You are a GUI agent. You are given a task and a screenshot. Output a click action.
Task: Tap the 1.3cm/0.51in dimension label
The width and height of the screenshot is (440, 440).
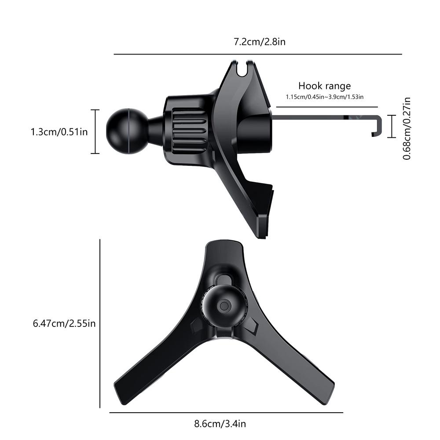click(59, 132)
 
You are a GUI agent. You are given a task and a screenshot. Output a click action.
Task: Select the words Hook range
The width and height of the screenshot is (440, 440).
click(324, 86)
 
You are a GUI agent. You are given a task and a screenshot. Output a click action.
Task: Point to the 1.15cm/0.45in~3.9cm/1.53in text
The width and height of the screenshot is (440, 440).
click(324, 96)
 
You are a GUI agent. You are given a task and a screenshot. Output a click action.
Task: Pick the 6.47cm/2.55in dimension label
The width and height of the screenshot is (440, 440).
click(64, 324)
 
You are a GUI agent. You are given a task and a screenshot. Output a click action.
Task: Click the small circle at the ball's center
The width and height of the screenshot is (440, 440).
click(224, 306)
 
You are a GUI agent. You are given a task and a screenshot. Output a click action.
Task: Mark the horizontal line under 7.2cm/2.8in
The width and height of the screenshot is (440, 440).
click(258, 54)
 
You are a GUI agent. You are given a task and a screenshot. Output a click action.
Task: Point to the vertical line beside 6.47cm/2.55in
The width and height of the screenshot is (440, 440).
click(100, 324)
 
